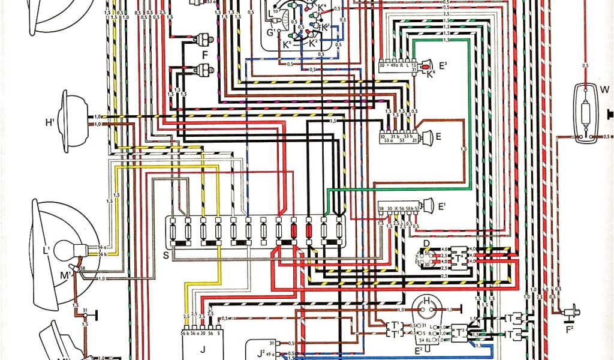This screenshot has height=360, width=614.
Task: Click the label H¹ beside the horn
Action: coord(50,123)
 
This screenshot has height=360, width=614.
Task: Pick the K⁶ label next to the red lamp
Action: coord(430,73)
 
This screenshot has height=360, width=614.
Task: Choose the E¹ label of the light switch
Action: coord(443,207)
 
